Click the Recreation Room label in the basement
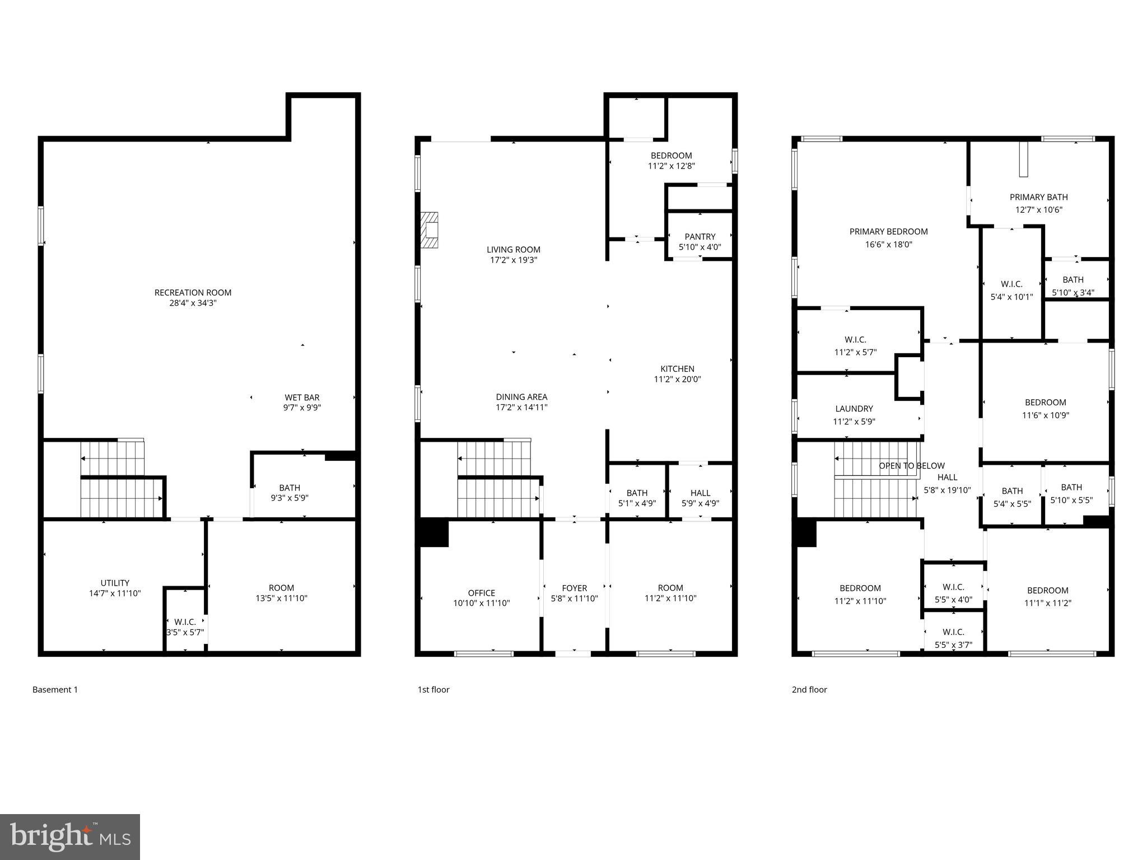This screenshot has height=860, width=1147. click(x=193, y=292)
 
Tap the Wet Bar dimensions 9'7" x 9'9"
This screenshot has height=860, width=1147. click(x=302, y=408)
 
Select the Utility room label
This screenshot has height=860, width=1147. click(x=115, y=583)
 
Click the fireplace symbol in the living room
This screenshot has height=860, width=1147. click(x=430, y=230)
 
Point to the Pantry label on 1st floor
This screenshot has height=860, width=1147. click(x=700, y=236)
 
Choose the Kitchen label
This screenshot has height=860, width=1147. click(x=677, y=368)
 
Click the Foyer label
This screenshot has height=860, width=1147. click(x=574, y=588)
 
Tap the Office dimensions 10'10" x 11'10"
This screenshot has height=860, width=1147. click(x=481, y=604)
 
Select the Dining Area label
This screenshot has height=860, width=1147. click(x=521, y=397)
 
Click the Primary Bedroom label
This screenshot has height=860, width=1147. click(x=888, y=231)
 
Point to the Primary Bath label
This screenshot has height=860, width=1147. click(x=1038, y=197)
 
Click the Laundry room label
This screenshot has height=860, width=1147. click(x=854, y=409)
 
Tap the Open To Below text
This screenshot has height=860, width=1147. click(x=911, y=466)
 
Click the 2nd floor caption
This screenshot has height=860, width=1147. click(x=809, y=690)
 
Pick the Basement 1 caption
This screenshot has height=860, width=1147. click(x=55, y=690)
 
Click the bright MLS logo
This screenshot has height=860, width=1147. click(x=70, y=836)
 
